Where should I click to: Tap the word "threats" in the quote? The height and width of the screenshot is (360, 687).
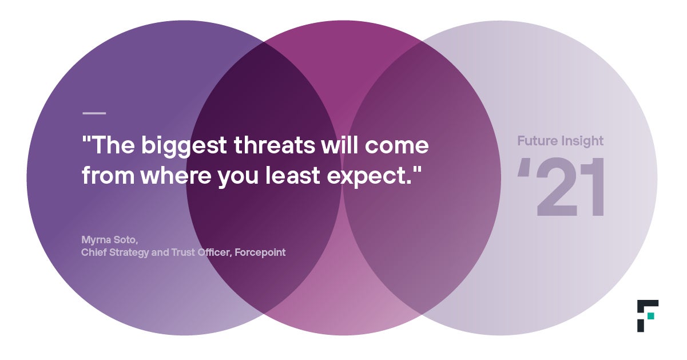click(x=275, y=145)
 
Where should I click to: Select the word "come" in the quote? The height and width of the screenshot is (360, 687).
click(x=396, y=146)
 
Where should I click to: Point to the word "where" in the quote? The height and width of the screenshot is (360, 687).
click(x=176, y=175)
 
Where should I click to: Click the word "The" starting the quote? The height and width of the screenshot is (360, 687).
click(x=113, y=145)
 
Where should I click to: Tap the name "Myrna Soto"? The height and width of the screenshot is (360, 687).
click(x=109, y=240)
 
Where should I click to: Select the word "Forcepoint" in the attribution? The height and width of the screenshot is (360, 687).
click(x=260, y=252)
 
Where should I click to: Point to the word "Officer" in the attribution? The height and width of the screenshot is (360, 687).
click(x=214, y=252)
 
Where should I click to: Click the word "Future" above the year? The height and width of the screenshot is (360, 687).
click(x=537, y=141)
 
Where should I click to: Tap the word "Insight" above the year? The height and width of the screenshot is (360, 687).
click(x=582, y=141)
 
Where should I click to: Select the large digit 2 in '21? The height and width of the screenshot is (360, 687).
click(x=557, y=187)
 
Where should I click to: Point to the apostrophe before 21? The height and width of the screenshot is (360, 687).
click(x=523, y=168)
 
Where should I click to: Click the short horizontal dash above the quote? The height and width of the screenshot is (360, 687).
click(x=94, y=113)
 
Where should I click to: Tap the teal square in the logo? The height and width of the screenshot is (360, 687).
click(x=651, y=316)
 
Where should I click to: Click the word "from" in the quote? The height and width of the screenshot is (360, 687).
click(x=108, y=175)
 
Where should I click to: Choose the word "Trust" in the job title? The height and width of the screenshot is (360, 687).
click(x=183, y=252)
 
